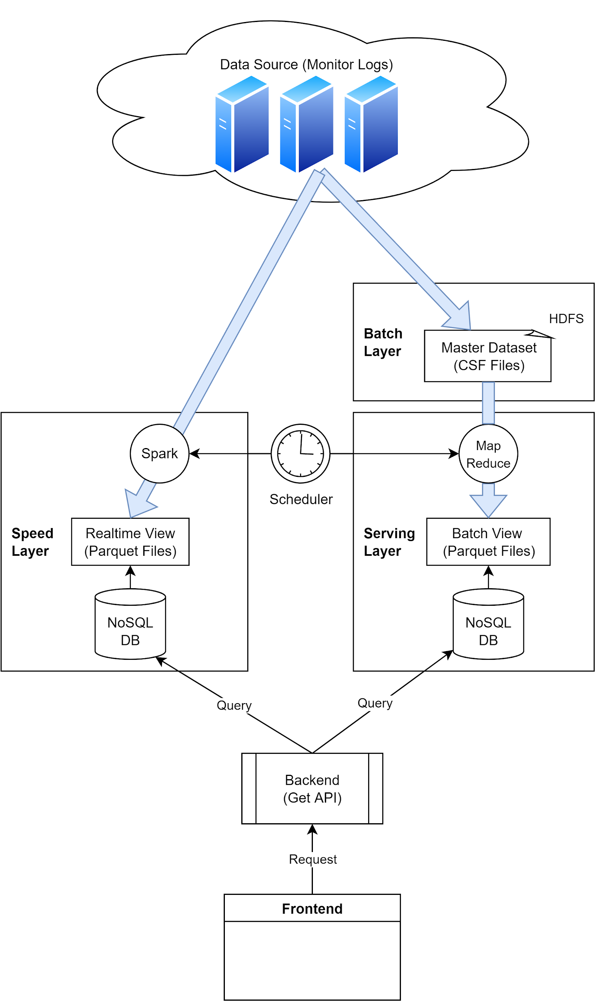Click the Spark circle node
[x=159, y=453]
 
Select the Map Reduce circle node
[x=488, y=454]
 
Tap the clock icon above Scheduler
[x=301, y=453]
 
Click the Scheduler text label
[x=301, y=499]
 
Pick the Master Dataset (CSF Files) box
[x=487, y=356]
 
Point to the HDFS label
[x=566, y=319]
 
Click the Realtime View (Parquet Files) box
[x=130, y=542]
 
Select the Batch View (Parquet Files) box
[x=488, y=542]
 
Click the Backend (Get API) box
[x=312, y=788]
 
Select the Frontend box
[x=312, y=909]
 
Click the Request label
[x=313, y=859]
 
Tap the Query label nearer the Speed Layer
[x=234, y=706]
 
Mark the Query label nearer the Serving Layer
[x=375, y=703]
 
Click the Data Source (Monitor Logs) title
[x=307, y=64]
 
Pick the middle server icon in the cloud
[x=307, y=125]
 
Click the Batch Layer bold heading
[x=383, y=342]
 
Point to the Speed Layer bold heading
[x=32, y=542]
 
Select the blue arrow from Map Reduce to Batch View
[x=488, y=502]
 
